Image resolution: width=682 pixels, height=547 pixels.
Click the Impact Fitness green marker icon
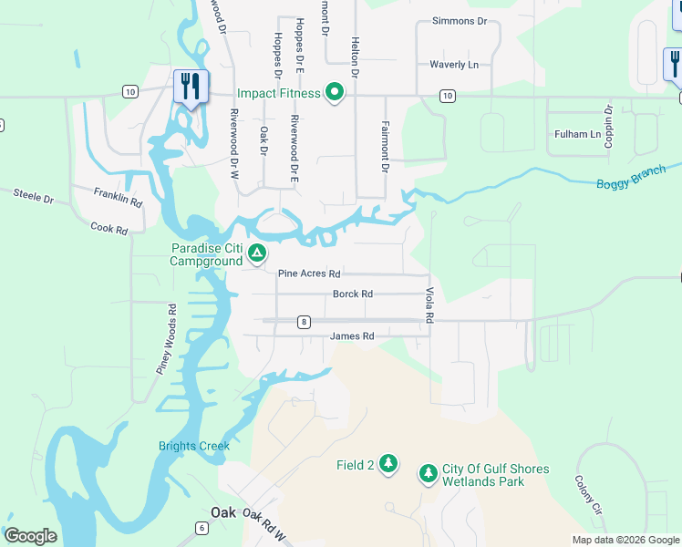335,92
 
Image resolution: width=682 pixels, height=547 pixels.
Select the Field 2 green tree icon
389,464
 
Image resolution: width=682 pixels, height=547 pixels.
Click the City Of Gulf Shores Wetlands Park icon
428,474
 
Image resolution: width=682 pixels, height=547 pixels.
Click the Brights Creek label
193,446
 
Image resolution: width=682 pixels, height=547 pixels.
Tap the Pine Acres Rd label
309,273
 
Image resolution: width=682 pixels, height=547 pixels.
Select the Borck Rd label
353,294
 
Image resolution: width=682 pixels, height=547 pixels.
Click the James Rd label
353,336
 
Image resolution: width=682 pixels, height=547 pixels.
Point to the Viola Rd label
429,305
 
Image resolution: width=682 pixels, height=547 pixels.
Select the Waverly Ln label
454,65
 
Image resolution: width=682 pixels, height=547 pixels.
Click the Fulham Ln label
578,134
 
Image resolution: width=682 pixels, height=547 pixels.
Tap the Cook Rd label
108,229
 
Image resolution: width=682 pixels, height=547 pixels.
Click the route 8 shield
304,321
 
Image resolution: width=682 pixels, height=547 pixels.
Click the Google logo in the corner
30,536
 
